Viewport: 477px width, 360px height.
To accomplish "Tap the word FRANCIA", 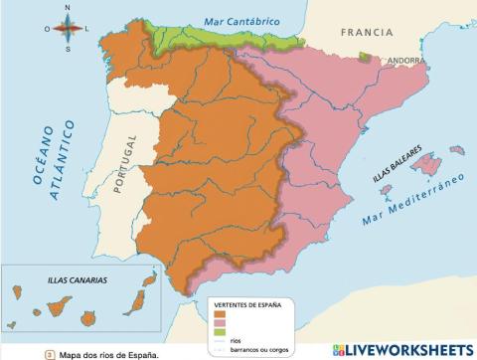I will [x=367, y=33].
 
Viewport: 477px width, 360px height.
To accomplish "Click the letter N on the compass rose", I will [x=67, y=7].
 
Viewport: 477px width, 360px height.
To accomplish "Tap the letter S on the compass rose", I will [x=67, y=47].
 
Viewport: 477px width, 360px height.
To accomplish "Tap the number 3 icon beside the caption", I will [x=49, y=352].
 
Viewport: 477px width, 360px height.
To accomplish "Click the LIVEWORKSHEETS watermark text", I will [x=408, y=350].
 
